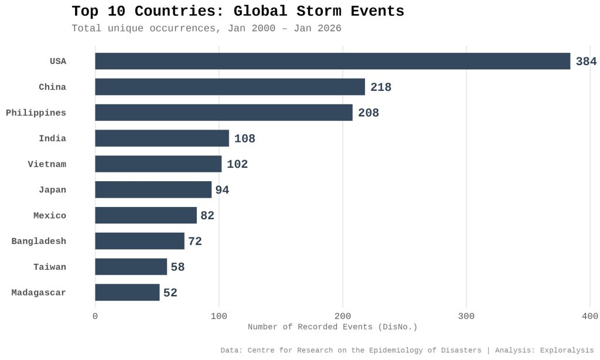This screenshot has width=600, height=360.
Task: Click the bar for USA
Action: pyautogui.click(x=332, y=61)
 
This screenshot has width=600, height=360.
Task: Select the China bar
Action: pyautogui.click(x=230, y=87)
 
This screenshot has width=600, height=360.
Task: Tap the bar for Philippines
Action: pyautogui.click(x=224, y=113)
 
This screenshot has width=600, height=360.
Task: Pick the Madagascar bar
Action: pyautogui.click(x=127, y=293)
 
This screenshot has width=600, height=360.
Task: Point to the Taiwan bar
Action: pyautogui.click(x=131, y=267)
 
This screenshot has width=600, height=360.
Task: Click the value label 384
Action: pyautogui.click(x=586, y=62)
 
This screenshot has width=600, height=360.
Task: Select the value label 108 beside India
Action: pyautogui.click(x=244, y=139)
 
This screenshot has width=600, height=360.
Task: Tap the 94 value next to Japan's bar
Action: pyautogui.click(x=222, y=190)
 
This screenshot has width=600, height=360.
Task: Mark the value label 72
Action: pyautogui.click(x=195, y=242)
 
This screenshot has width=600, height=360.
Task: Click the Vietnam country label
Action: pyautogui.click(x=47, y=164)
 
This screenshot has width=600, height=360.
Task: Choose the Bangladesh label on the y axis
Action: pyautogui.click(x=39, y=241)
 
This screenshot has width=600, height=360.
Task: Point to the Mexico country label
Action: pyautogui.click(x=50, y=216)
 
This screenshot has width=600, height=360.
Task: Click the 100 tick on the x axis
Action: pyautogui.click(x=219, y=317)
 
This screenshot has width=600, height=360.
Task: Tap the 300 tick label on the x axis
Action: pyautogui.click(x=466, y=317)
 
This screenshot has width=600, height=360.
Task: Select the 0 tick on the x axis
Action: pyautogui.click(x=96, y=317)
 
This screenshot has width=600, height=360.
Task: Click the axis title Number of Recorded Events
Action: pyautogui.click(x=332, y=327)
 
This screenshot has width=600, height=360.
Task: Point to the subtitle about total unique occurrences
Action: pyautogui.click(x=206, y=28)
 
